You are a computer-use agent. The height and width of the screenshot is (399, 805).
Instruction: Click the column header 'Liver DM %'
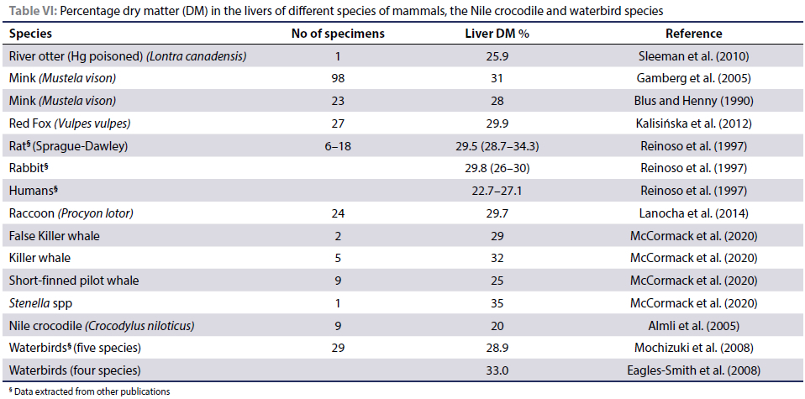(496, 34)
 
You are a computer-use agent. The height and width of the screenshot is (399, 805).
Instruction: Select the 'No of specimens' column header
(338, 34)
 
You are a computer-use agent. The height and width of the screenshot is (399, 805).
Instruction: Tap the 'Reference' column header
(693, 34)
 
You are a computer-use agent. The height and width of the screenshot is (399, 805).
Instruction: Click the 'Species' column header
(30, 34)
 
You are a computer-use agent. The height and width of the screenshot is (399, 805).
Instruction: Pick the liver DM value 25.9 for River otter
(496, 57)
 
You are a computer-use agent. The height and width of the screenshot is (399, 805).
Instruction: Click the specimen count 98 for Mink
(338, 79)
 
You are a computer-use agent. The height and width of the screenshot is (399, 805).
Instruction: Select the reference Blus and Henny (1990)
(693, 102)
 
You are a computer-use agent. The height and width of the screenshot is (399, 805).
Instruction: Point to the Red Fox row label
(69, 123)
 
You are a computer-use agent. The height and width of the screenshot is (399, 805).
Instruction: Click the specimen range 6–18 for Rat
(338, 146)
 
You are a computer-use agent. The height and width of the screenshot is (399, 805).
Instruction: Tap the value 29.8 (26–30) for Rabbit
(496, 169)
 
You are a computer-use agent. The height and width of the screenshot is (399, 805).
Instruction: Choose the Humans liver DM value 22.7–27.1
(496, 191)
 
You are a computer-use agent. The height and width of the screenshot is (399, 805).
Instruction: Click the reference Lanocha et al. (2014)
(693, 213)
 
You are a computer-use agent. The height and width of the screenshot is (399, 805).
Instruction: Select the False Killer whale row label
(55, 236)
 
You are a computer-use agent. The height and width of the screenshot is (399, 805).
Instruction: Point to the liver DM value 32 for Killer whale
(496, 258)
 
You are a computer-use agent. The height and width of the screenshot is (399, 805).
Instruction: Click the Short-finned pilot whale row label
(74, 281)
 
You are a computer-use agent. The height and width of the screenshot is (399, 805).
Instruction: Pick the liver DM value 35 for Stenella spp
(496, 302)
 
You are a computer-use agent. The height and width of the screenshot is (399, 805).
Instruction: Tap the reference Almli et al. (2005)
(693, 325)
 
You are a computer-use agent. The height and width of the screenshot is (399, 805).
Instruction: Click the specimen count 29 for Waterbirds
(338, 348)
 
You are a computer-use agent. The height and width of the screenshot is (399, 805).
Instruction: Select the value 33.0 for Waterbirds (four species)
(496, 370)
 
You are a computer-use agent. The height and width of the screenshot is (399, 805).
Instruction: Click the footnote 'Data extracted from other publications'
(91, 391)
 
